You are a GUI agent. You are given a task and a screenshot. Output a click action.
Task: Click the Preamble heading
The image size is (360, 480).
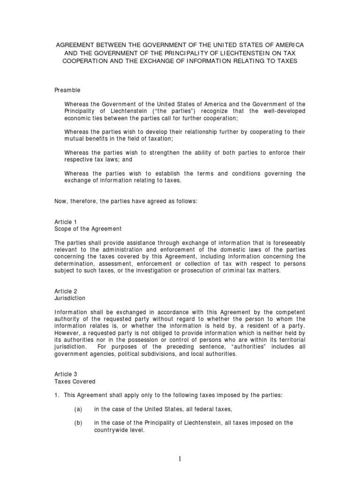(x=67, y=90)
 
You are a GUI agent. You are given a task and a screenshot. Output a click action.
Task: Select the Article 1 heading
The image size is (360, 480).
(x=63, y=222)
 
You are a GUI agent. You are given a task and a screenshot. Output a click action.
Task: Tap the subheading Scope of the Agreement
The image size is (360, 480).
(x=88, y=229)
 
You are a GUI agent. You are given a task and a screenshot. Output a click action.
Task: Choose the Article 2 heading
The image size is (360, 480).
(x=63, y=291)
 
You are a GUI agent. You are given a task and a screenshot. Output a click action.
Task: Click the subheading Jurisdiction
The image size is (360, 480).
(x=70, y=298)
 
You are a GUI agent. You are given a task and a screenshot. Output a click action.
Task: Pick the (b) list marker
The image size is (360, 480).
(x=78, y=423)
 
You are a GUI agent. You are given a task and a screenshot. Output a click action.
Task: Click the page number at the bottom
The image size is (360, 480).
(x=180, y=459)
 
